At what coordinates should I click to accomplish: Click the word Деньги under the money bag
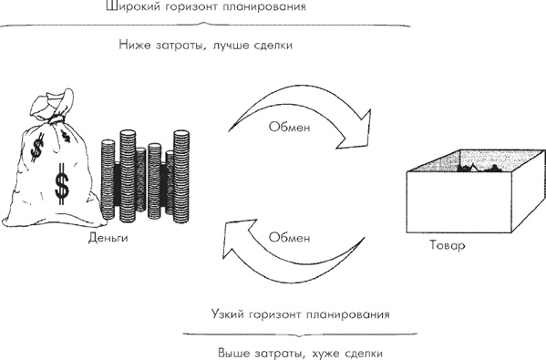(x=108, y=238)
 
